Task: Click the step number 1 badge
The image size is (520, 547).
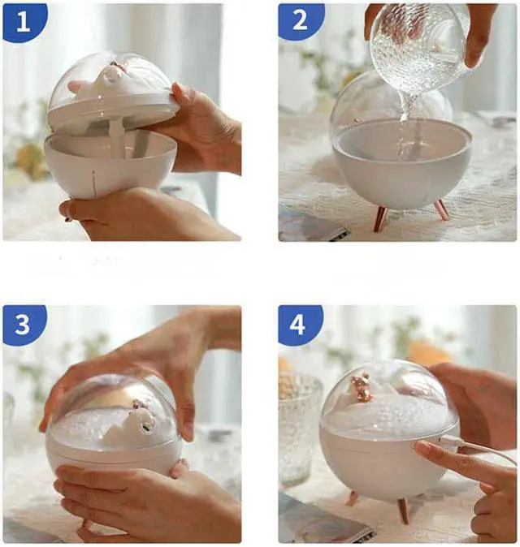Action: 24,22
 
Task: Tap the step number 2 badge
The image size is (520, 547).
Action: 301,20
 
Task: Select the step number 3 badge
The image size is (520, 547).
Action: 23,324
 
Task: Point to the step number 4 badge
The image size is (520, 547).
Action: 298,325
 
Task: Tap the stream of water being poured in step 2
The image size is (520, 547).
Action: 406,129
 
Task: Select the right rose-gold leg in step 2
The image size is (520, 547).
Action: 441,209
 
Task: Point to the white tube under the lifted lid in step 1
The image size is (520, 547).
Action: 116,139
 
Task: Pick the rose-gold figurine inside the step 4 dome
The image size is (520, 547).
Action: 361,385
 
